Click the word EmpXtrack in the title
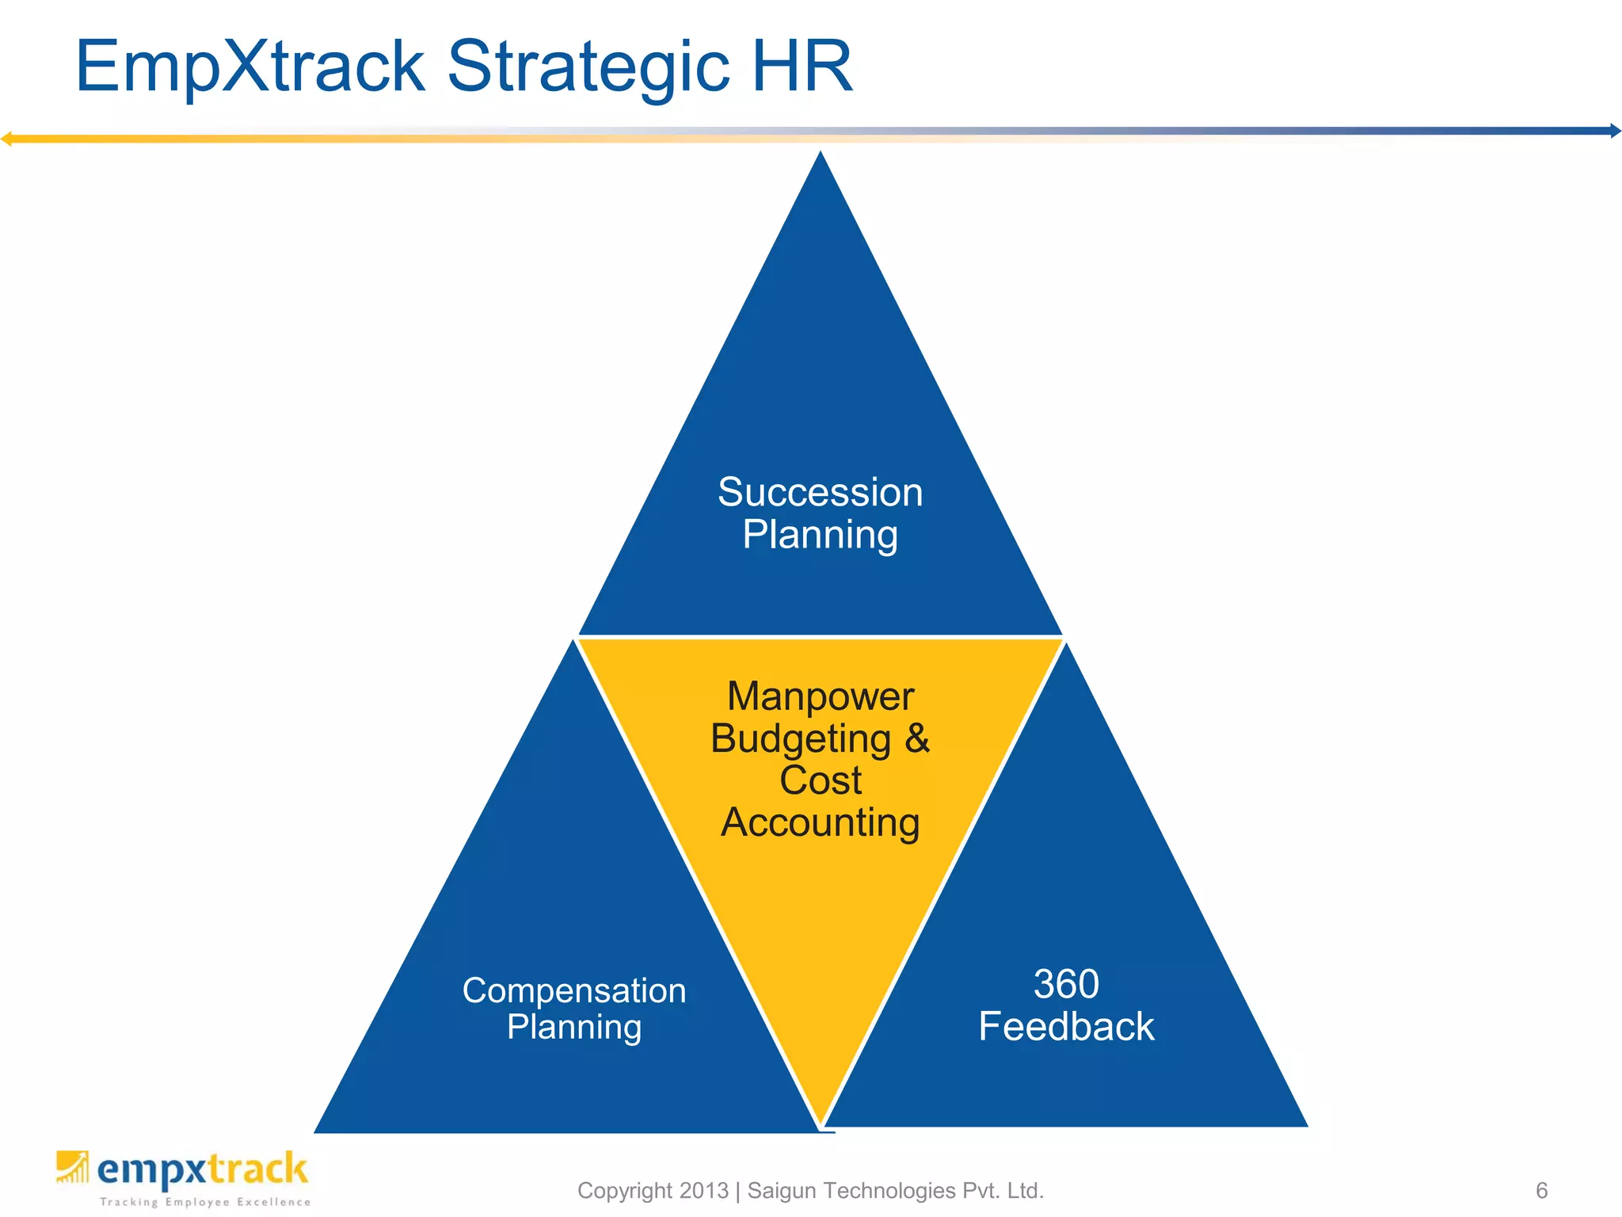(x=250, y=67)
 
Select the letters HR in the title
(x=801, y=67)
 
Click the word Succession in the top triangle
(x=820, y=492)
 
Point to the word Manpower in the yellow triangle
(x=820, y=696)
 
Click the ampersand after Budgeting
(x=916, y=738)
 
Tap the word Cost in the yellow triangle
(x=820, y=780)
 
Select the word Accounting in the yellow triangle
(x=820, y=822)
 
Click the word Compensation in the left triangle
(x=574, y=990)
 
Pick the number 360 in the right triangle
(x=1066, y=984)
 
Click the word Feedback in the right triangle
(x=1066, y=1027)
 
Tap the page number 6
(x=1541, y=1190)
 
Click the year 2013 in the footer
(x=703, y=1190)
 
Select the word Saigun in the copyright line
(x=783, y=1190)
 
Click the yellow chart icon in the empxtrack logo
(x=72, y=1167)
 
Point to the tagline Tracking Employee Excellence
(x=205, y=1202)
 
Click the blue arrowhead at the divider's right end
(x=1615, y=131)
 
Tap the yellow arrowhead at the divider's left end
(x=6, y=139)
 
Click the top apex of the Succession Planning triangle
(x=821, y=154)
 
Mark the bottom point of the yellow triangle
(x=822, y=1121)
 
